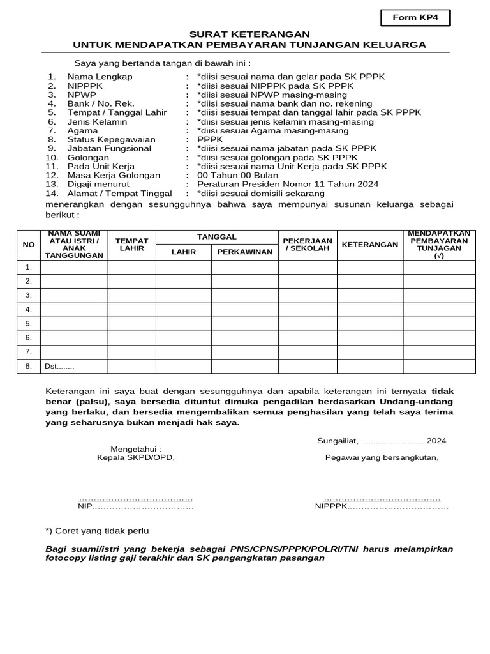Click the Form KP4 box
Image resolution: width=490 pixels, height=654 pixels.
click(415, 19)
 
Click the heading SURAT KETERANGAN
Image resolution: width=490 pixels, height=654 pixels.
click(249, 34)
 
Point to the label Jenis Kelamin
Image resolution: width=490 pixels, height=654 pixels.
click(97, 121)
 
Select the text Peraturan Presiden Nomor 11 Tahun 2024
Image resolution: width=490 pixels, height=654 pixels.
click(288, 184)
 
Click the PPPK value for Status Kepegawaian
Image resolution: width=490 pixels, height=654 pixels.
click(210, 139)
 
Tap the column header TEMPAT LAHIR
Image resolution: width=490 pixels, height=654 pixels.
click(131, 245)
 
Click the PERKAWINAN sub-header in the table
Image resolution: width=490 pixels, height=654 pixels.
click(244, 252)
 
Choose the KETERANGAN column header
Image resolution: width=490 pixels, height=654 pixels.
click(370, 245)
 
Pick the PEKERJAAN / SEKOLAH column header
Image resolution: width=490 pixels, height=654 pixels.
click(307, 245)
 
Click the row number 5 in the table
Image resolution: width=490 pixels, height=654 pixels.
click(28, 323)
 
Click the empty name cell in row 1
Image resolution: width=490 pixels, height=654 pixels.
click(74, 267)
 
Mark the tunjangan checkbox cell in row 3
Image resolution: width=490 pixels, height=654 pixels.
click(439, 295)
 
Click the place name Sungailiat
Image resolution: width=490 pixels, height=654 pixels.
click(338, 441)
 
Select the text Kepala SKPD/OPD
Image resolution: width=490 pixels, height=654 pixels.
click(135, 457)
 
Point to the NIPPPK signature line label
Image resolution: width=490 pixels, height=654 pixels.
click(330, 506)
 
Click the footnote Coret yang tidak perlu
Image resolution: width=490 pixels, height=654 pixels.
click(97, 531)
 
